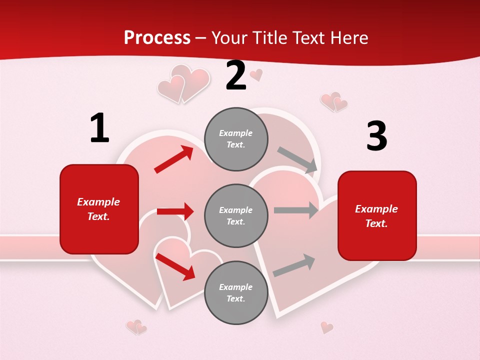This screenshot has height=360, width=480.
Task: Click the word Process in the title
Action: click(157, 38)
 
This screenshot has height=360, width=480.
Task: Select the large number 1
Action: click(99, 128)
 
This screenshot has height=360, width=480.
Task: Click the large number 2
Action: click(236, 76)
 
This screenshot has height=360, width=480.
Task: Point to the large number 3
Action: click(376, 136)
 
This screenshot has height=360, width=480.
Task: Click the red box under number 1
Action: click(99, 209)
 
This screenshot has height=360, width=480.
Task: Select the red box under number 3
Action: click(377, 215)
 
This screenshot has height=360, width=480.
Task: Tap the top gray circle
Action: click(236, 139)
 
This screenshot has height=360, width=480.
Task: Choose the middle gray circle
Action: click(236, 215)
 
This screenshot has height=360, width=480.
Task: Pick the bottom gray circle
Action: click(236, 292)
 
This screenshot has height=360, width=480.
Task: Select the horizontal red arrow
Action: click(175, 211)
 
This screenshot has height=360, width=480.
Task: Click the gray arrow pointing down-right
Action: click(297, 160)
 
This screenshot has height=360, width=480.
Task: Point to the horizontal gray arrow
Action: click(295, 210)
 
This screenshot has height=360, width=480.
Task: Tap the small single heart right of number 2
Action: click(256, 74)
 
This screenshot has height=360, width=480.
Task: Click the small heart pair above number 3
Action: click(334, 101)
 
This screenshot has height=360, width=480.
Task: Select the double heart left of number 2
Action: click(183, 83)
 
